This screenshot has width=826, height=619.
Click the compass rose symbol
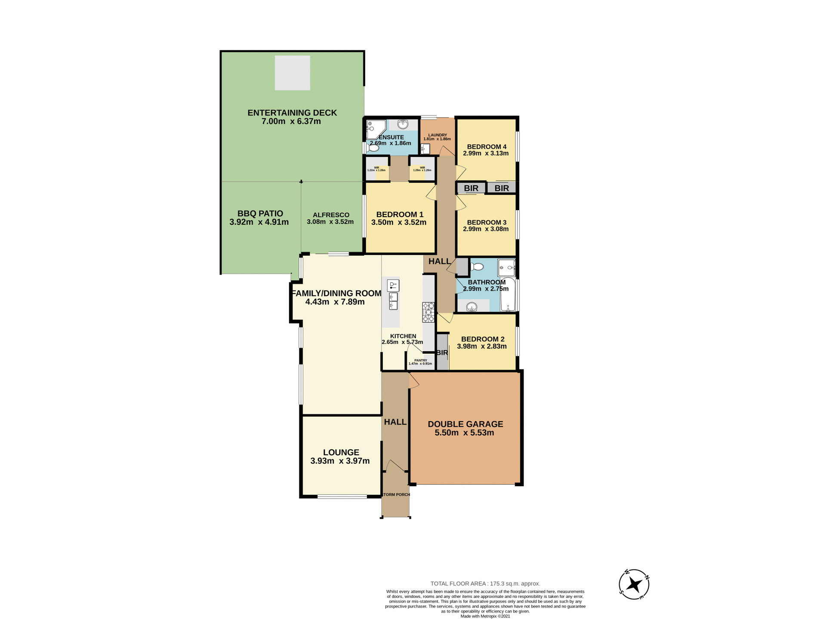click(x=634, y=584)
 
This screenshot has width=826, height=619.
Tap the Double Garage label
click(x=465, y=424)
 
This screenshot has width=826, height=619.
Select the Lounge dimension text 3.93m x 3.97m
click(x=340, y=461)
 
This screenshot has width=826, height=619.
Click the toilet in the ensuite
click(x=373, y=148)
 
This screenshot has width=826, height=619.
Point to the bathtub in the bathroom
click(x=508, y=294)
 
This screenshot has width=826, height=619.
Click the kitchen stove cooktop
click(x=428, y=313)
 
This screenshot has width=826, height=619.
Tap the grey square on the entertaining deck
click(x=292, y=73)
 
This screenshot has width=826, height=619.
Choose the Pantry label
click(x=420, y=360)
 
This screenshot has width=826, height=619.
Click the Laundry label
click(x=437, y=135)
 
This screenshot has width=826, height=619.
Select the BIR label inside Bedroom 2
click(x=442, y=352)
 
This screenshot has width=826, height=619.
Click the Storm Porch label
click(x=396, y=494)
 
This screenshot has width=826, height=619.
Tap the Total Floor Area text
click(x=485, y=583)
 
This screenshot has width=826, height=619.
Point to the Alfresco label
click(x=331, y=215)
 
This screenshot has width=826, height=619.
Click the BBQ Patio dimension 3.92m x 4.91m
click(x=259, y=222)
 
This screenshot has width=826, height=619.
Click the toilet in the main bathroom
click(x=477, y=267)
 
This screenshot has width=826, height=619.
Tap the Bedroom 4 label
click(x=486, y=147)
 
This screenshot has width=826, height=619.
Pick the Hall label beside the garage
click(x=395, y=422)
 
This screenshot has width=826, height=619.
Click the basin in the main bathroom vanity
click(x=472, y=306)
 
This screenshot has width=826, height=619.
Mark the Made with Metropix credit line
click(x=485, y=616)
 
